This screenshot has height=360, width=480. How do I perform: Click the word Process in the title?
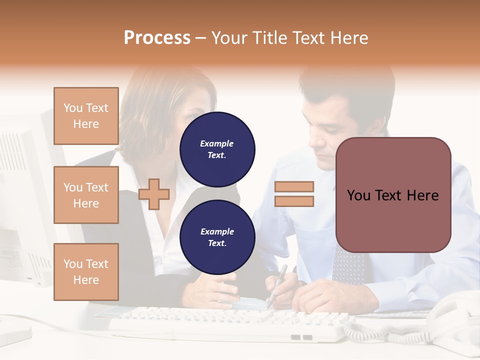[157, 38]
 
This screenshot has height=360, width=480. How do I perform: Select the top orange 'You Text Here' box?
[86, 116]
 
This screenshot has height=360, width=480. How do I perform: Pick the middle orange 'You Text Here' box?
[86, 195]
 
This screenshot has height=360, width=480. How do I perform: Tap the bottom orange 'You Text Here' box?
[86, 272]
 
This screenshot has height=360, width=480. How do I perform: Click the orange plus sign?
[154, 194]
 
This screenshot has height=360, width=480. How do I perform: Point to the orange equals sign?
[294, 194]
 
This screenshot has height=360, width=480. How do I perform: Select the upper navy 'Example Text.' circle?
[217, 149]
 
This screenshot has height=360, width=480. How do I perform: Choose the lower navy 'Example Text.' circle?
[217, 237]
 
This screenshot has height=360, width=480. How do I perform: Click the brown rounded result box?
[393, 195]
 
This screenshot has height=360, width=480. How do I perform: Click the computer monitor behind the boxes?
[25, 200]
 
